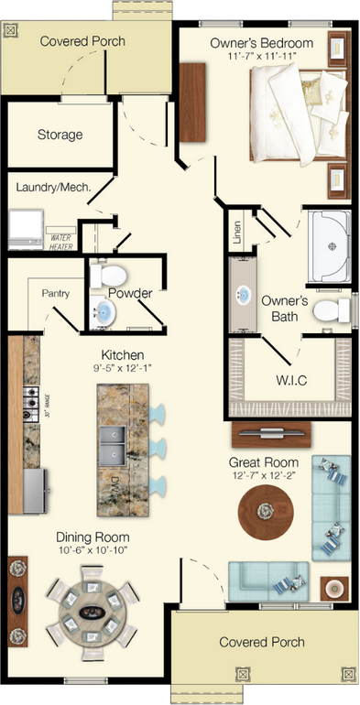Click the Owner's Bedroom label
[261, 43]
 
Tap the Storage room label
[60, 135]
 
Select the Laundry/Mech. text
[52, 188]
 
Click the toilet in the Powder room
[110, 274]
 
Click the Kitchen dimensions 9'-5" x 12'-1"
[123, 368]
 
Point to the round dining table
[90, 612]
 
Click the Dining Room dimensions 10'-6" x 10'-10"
[92, 551]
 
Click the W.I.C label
[290, 380]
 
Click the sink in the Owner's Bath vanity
[243, 296]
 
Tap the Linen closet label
[236, 233]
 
